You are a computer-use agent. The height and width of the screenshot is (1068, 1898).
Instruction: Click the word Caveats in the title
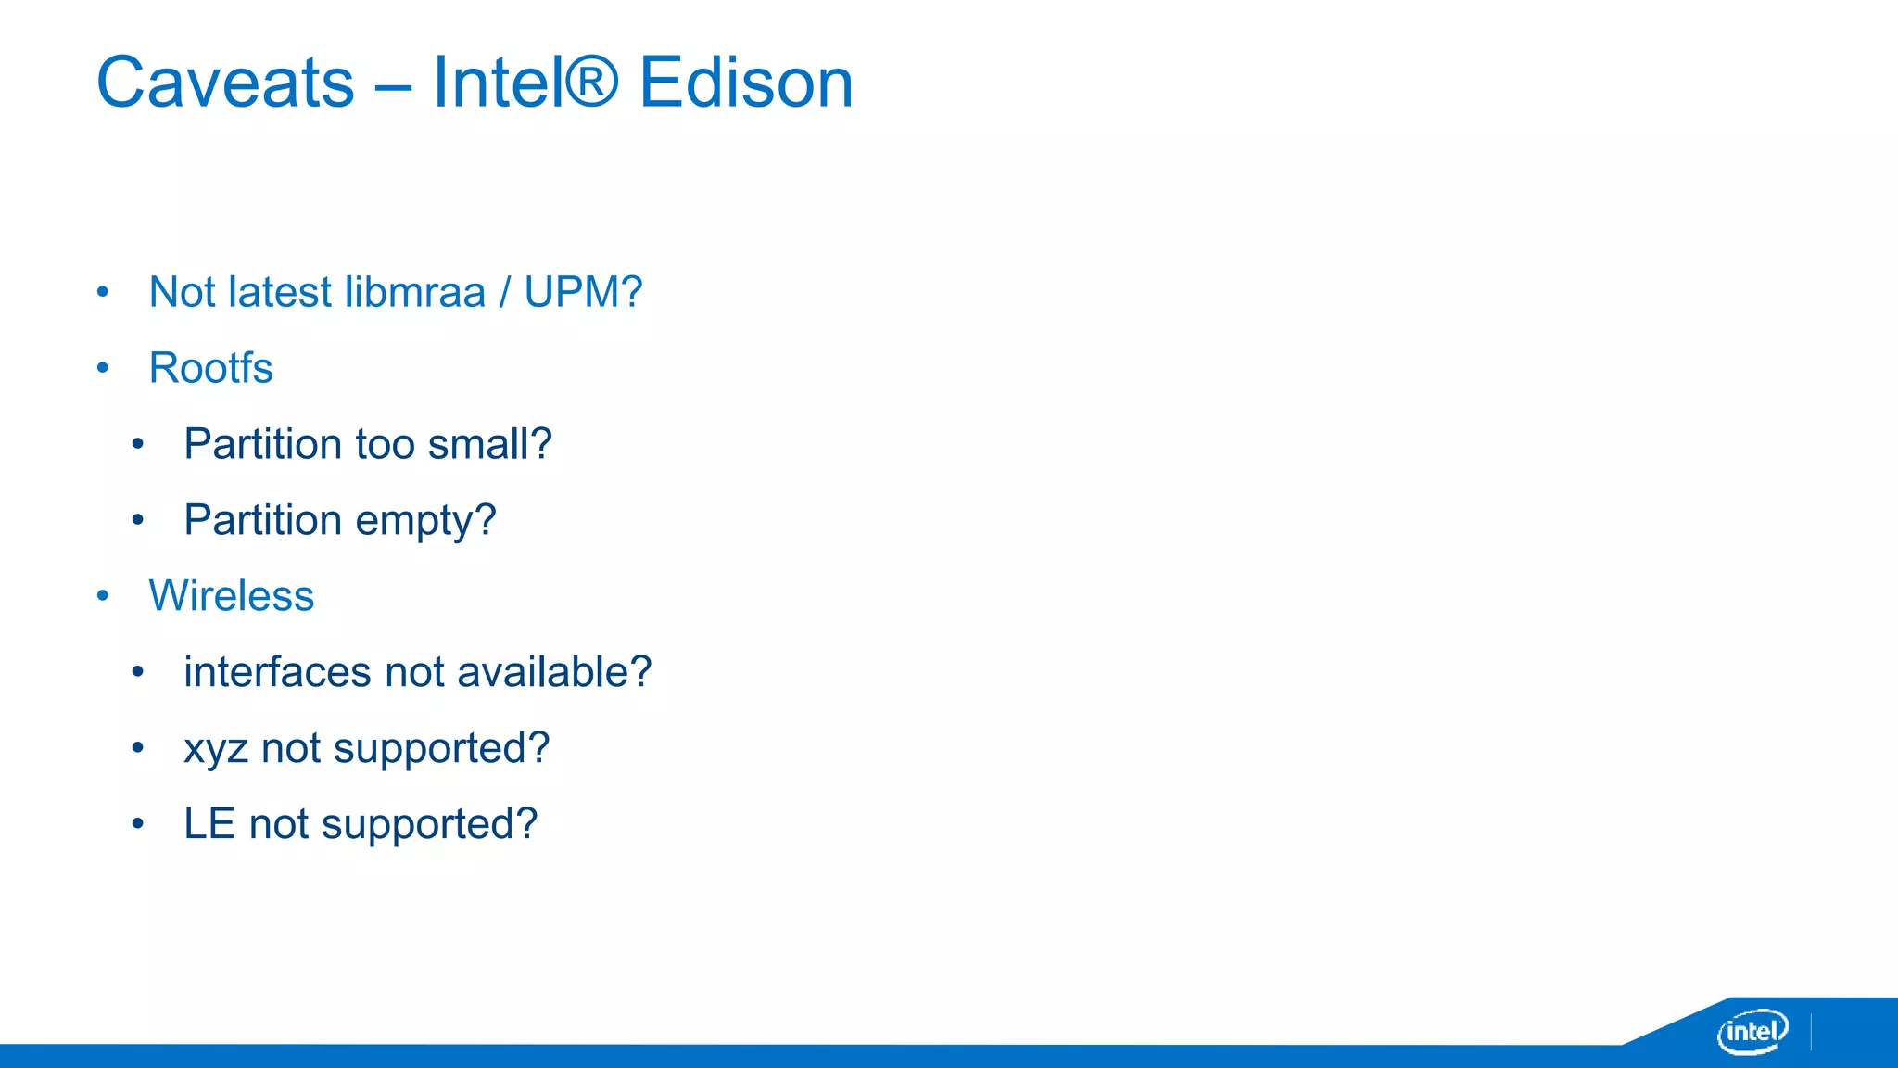point(225,83)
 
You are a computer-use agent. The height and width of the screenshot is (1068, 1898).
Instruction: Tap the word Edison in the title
point(746,83)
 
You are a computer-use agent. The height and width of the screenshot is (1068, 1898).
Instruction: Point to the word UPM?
point(583,292)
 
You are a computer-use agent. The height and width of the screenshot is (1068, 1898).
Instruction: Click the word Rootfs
point(210,368)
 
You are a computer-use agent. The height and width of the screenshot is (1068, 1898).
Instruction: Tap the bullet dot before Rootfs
point(103,368)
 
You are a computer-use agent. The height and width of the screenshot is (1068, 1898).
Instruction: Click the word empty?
point(425,521)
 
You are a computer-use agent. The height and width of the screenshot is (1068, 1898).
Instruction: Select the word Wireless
point(232,596)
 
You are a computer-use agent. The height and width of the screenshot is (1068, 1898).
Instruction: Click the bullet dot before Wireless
point(103,595)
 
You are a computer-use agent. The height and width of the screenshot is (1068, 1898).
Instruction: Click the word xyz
point(215,749)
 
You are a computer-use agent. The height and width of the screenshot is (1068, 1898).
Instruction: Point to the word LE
point(209,824)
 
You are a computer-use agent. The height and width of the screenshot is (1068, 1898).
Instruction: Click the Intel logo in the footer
point(1752,1031)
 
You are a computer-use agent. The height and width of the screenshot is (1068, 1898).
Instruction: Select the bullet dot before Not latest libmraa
point(103,292)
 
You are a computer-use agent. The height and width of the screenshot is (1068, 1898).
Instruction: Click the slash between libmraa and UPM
point(505,292)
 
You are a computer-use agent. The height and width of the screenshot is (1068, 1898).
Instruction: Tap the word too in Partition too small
point(386,444)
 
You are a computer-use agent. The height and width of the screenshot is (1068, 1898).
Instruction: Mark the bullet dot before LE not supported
point(138,823)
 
